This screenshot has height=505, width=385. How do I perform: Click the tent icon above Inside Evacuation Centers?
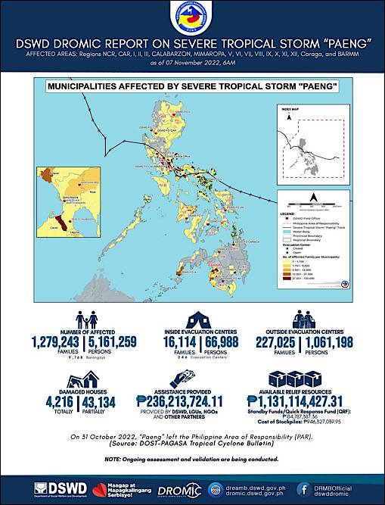point(192,318)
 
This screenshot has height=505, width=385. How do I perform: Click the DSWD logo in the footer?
point(57,489)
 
